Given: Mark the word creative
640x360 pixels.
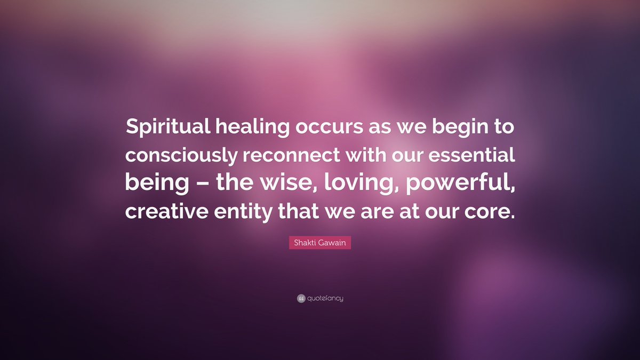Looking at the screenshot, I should (167, 211).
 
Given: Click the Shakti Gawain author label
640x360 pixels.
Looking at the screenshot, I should (320, 243).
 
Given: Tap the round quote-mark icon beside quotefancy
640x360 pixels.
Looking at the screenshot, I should (301, 298).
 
